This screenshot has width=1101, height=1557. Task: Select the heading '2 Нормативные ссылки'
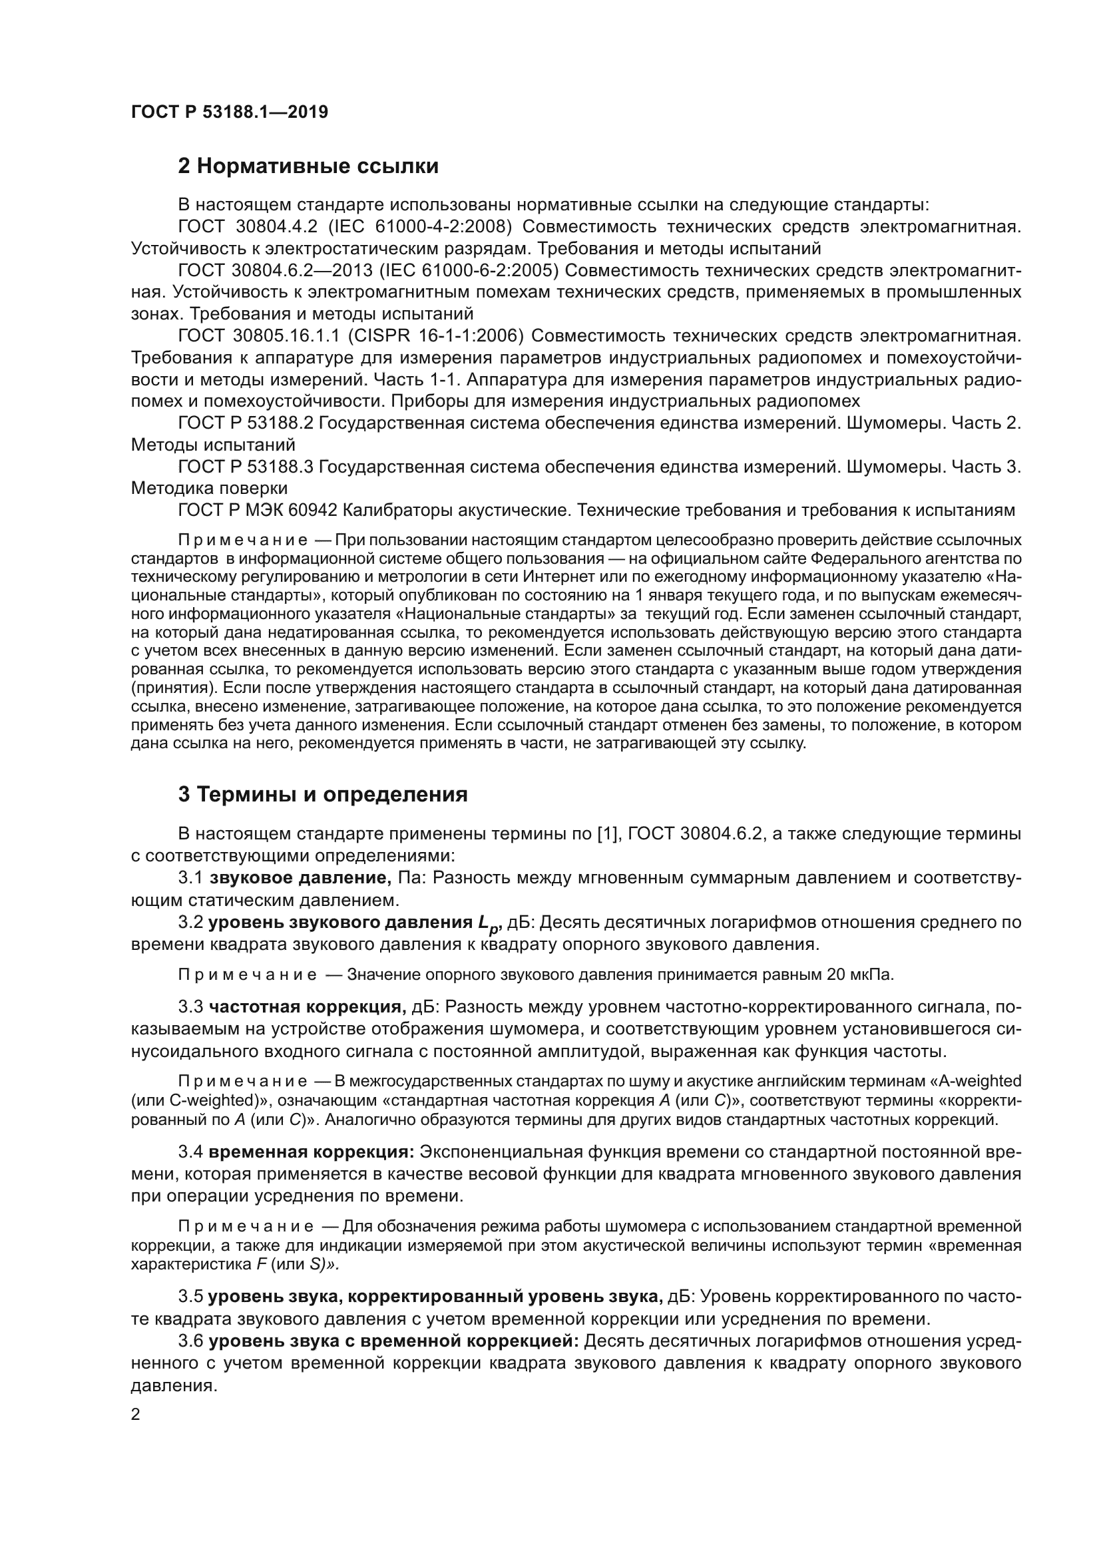pyautogui.click(x=308, y=166)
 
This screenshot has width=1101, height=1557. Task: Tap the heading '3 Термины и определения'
pyautogui.click(x=323, y=794)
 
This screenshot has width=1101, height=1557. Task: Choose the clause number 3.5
pyautogui.click(x=190, y=1297)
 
